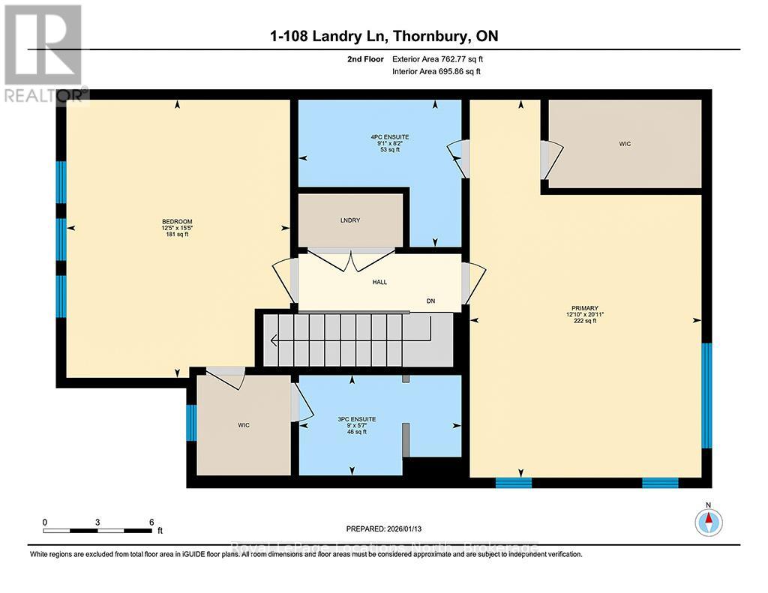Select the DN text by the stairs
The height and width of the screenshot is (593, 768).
click(x=430, y=301)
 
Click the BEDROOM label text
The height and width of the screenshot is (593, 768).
click(x=177, y=222)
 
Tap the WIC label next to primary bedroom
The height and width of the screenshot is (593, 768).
click(x=625, y=143)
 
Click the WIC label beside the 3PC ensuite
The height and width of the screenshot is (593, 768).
click(x=244, y=425)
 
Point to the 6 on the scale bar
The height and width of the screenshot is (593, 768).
click(x=151, y=522)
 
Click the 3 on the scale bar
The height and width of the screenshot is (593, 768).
click(x=98, y=522)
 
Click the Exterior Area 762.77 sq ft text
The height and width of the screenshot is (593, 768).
click(x=443, y=58)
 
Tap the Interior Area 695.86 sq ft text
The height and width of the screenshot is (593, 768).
click(x=436, y=72)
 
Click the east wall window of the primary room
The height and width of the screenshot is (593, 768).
click(x=706, y=396)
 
